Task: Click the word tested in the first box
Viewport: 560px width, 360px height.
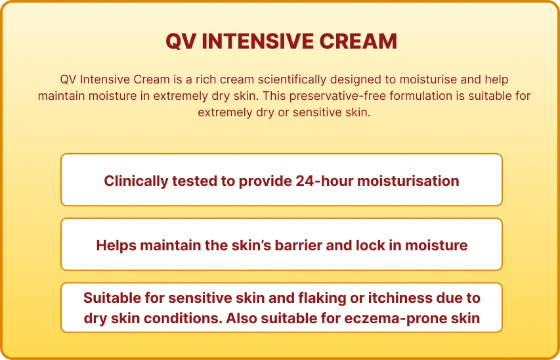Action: coord(193,181)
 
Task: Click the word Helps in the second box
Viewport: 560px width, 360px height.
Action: coord(115,245)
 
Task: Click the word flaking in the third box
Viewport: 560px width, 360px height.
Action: coord(322,298)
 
